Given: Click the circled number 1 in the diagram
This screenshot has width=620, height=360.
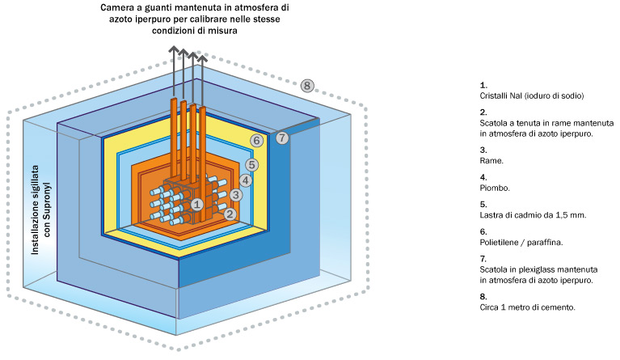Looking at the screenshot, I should point(196,205).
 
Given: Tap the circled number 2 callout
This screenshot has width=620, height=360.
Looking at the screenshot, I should point(230,214).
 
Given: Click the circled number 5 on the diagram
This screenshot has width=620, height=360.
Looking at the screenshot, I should point(251,165).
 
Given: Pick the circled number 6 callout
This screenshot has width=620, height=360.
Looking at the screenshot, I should point(256,141).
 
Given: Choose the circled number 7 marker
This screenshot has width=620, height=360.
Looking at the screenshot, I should point(281,138).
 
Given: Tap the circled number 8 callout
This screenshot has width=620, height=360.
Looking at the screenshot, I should point(306,85).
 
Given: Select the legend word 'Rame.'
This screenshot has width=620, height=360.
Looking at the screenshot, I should point(491,162).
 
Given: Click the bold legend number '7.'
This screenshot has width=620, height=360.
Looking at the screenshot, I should point(483,259).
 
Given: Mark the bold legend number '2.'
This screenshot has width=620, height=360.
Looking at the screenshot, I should point(483,112).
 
